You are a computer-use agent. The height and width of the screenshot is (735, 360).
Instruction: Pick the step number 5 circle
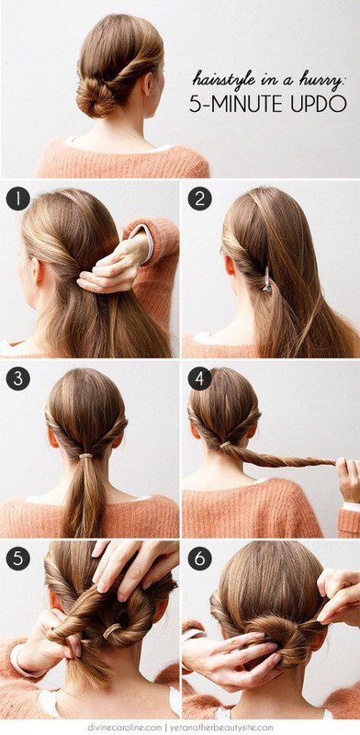point(17,557)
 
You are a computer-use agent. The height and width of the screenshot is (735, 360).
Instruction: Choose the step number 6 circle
point(199,557)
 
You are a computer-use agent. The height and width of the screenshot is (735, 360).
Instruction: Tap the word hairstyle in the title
point(228,79)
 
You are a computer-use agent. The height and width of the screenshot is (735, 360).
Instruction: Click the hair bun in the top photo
point(96,96)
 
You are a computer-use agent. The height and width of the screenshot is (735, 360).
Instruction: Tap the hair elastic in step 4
point(226,446)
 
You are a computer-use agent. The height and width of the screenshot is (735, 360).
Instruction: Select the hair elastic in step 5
point(112,631)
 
